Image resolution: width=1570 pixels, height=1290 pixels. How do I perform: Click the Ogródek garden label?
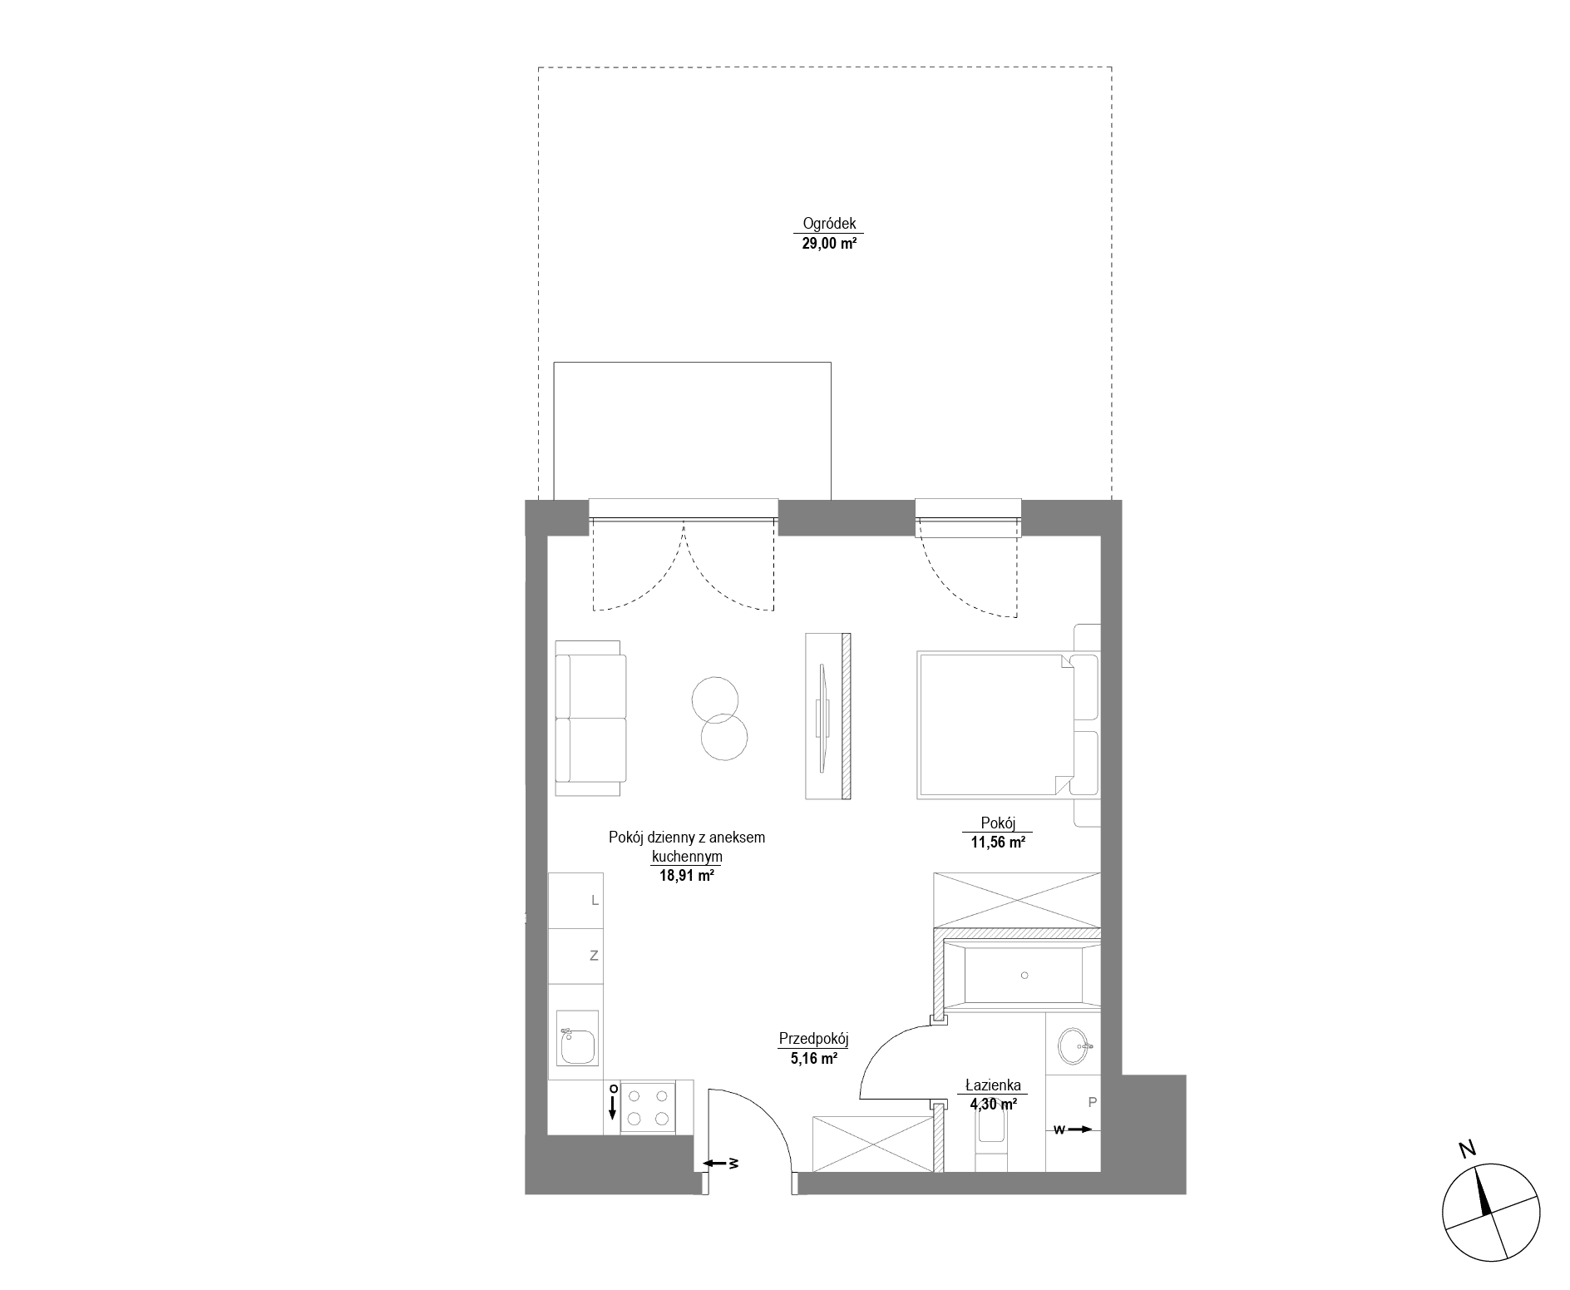[829, 224]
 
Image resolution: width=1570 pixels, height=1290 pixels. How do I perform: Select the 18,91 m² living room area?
[687, 874]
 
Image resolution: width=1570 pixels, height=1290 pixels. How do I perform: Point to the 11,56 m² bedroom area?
[996, 842]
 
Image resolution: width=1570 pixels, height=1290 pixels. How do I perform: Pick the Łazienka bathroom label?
[993, 1085]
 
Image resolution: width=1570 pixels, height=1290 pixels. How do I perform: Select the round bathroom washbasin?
[1073, 1045]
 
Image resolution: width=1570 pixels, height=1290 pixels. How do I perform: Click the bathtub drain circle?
[1025, 975]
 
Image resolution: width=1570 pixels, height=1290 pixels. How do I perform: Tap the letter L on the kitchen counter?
[594, 900]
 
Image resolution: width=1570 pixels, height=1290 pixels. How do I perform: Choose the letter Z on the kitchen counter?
[594, 956]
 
